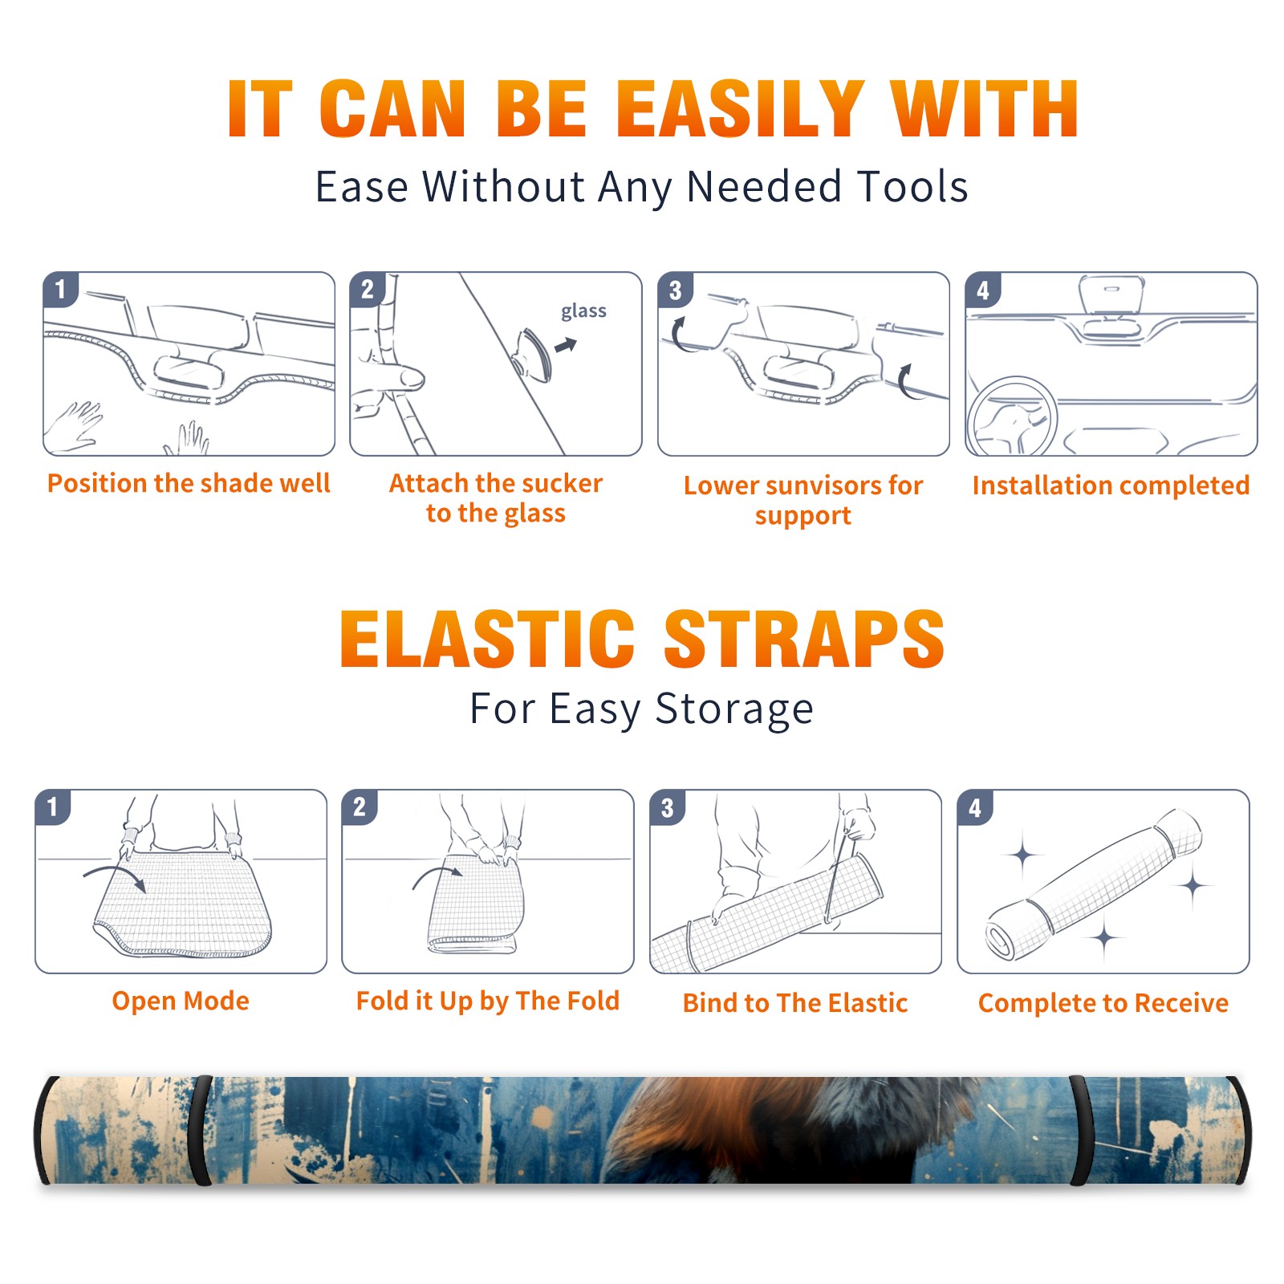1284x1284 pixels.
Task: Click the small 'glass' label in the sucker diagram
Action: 583,311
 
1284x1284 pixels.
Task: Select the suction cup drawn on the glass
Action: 533,354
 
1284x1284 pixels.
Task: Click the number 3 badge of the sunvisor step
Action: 675,290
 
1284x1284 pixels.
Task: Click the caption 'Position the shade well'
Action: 189,483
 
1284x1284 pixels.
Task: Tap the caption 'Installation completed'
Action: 1111,486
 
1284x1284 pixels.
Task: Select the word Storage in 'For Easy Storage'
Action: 734,709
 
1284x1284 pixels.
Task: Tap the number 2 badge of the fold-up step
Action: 360,807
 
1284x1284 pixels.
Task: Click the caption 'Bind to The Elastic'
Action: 794,1003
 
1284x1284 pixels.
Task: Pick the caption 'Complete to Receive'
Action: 1103,1003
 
